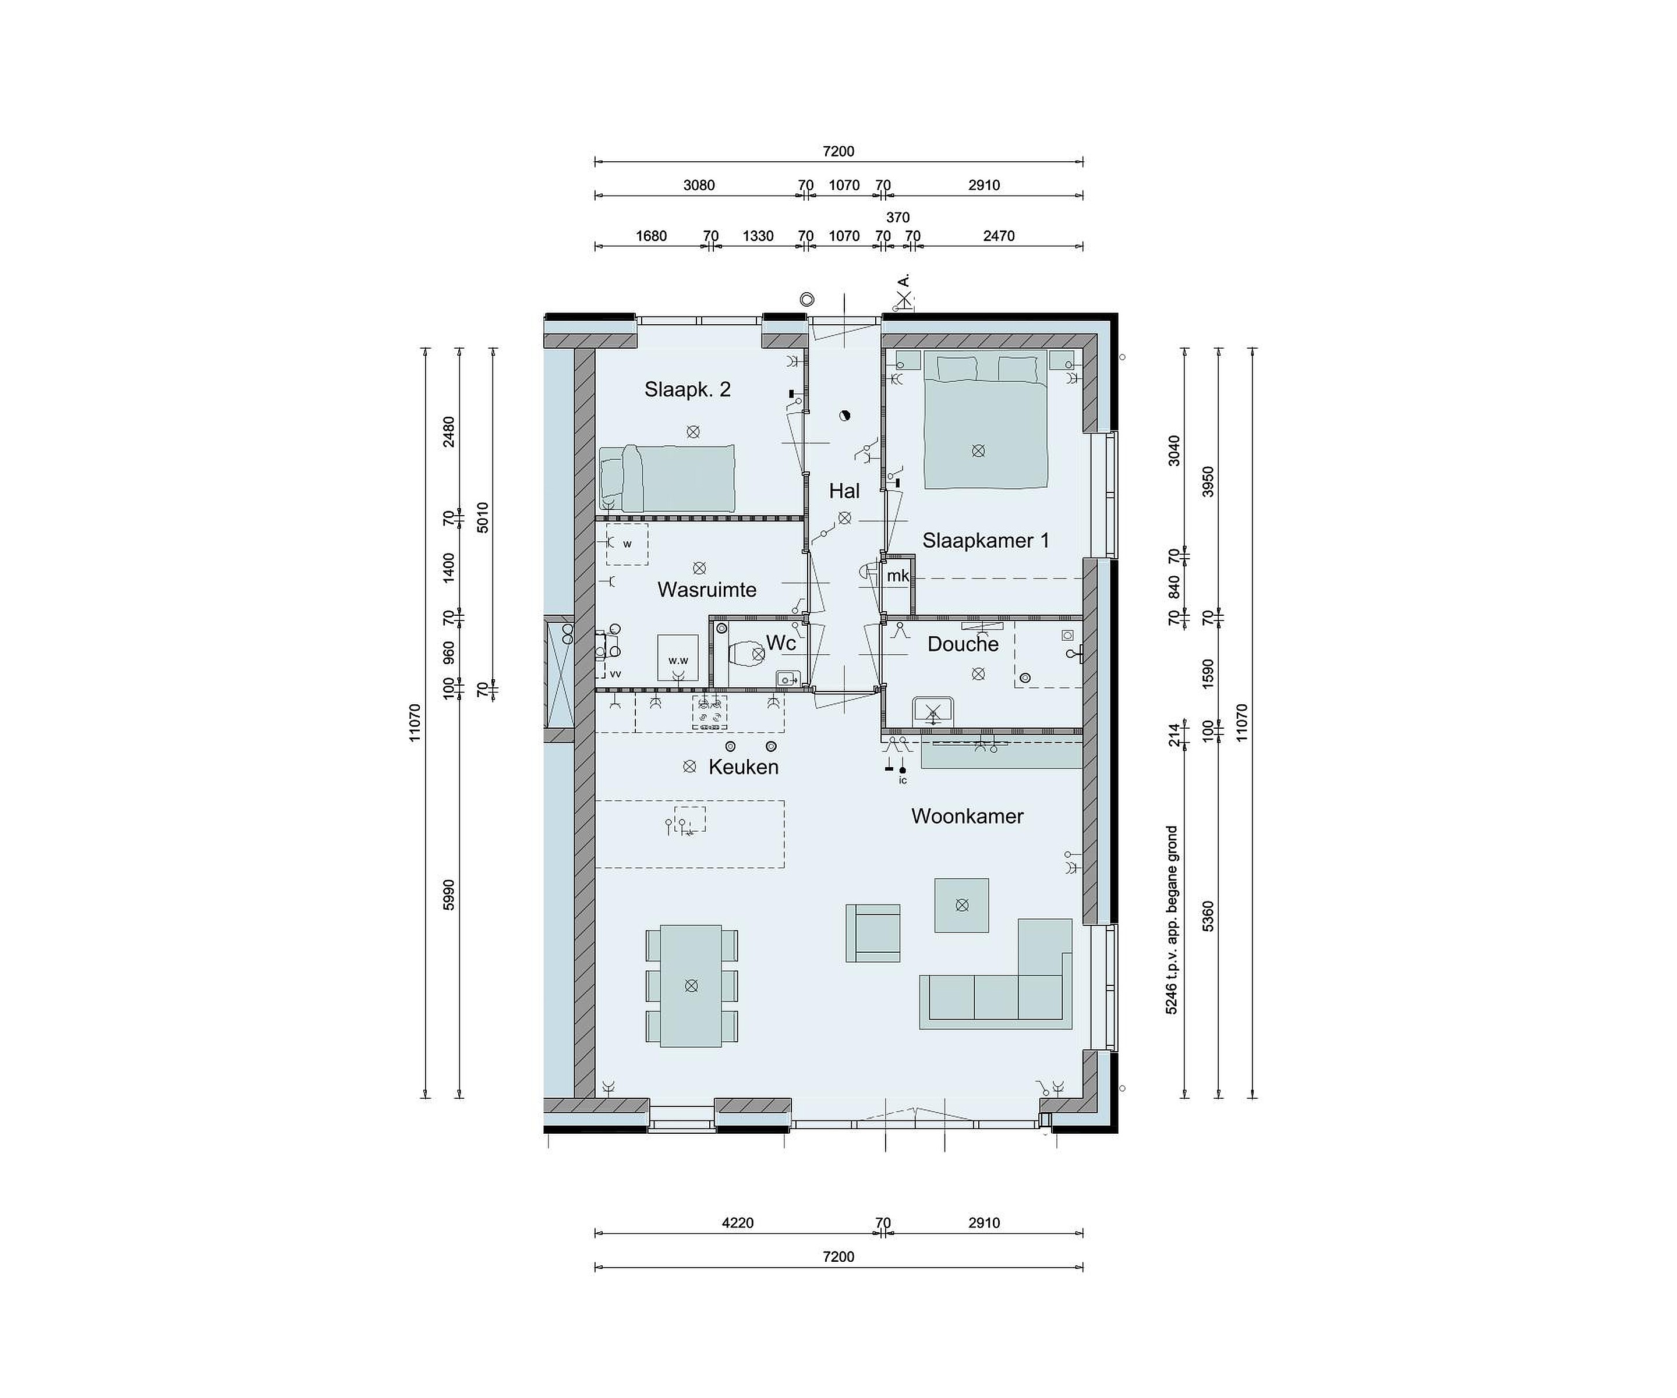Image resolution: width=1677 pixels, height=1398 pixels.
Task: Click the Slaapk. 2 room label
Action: tap(688, 389)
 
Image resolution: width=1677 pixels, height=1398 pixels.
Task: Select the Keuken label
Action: tap(744, 767)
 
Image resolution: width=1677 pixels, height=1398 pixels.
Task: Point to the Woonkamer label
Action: tap(967, 816)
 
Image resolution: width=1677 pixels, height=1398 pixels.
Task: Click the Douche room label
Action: tap(963, 644)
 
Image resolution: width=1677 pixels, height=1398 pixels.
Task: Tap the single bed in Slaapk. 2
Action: tap(667, 478)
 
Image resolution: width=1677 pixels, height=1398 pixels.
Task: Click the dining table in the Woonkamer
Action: tap(692, 986)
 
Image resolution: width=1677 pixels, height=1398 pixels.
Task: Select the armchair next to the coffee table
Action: tap(873, 932)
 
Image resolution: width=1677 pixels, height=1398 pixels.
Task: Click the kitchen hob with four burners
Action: tap(710, 712)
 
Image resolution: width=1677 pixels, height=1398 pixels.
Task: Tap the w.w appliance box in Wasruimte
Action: tap(678, 657)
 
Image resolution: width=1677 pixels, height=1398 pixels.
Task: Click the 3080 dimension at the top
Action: tap(699, 185)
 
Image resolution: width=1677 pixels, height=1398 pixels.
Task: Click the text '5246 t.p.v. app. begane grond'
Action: tap(1172, 920)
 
